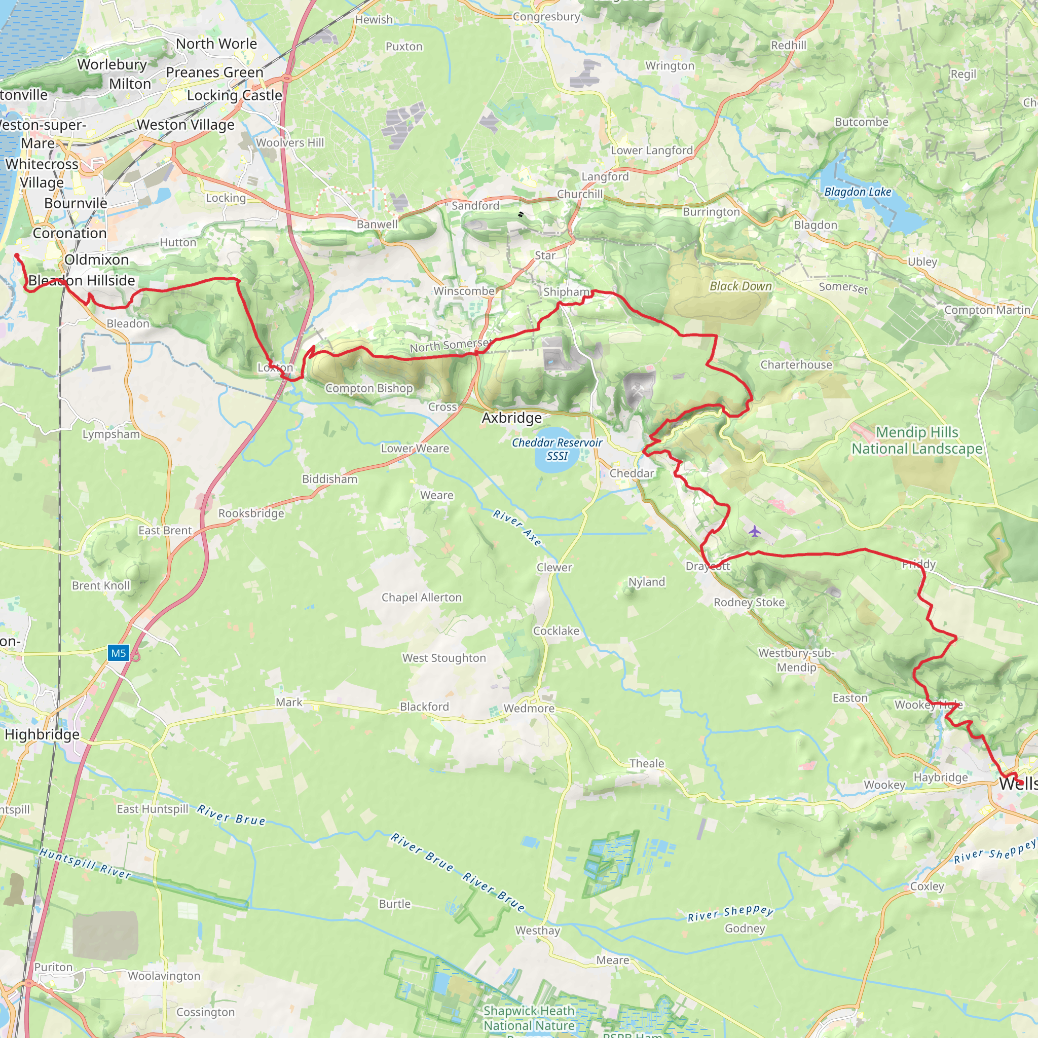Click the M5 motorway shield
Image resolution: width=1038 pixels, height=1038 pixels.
[118, 653]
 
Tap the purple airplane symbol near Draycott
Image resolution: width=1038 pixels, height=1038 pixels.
[754, 532]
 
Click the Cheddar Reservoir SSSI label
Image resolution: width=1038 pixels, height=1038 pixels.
[557, 449]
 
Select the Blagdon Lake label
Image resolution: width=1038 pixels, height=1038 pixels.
[858, 192]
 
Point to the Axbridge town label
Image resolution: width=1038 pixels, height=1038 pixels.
[511, 418]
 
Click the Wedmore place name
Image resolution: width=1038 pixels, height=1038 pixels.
[529, 708]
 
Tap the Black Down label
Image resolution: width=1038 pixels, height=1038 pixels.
[740, 286]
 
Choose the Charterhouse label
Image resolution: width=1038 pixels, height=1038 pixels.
[796, 365]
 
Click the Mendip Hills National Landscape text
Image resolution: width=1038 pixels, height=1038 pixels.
[916, 440]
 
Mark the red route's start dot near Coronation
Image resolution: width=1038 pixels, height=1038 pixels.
[17, 256]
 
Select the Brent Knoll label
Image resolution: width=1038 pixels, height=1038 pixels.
[101, 585]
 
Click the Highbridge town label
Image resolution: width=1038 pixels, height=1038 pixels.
[42, 734]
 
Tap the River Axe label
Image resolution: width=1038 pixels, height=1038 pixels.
[517, 528]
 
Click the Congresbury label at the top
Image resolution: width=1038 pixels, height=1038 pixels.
[546, 17]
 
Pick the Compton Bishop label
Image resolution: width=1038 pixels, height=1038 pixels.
[369, 388]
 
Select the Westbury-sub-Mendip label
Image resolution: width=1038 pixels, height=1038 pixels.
[796, 660]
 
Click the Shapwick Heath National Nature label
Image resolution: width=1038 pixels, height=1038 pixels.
[529, 1018]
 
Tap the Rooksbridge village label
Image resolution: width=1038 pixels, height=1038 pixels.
[251, 513]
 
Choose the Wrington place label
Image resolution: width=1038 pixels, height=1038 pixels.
[670, 65]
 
